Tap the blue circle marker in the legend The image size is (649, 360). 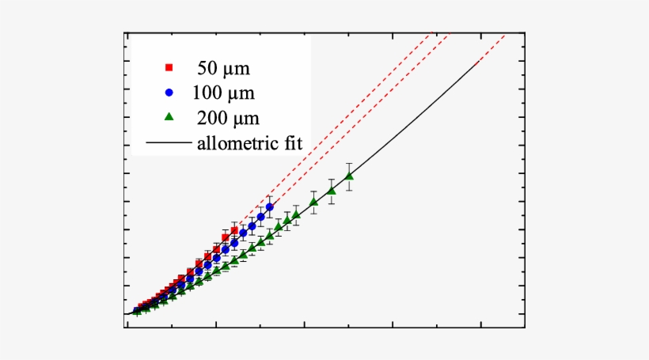(x=169, y=92)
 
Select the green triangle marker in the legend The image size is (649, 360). (x=169, y=117)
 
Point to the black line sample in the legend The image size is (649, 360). (x=169, y=143)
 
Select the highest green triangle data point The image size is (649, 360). (x=349, y=176)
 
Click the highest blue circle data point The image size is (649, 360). (x=270, y=207)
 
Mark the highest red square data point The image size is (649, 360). (x=234, y=230)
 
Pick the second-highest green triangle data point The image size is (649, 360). (x=332, y=191)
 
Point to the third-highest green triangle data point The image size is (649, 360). (x=314, y=202)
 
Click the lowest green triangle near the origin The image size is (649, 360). (x=137, y=313)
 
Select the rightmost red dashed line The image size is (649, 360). (x=491, y=47)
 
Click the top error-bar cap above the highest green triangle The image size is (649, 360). (x=349, y=163)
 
